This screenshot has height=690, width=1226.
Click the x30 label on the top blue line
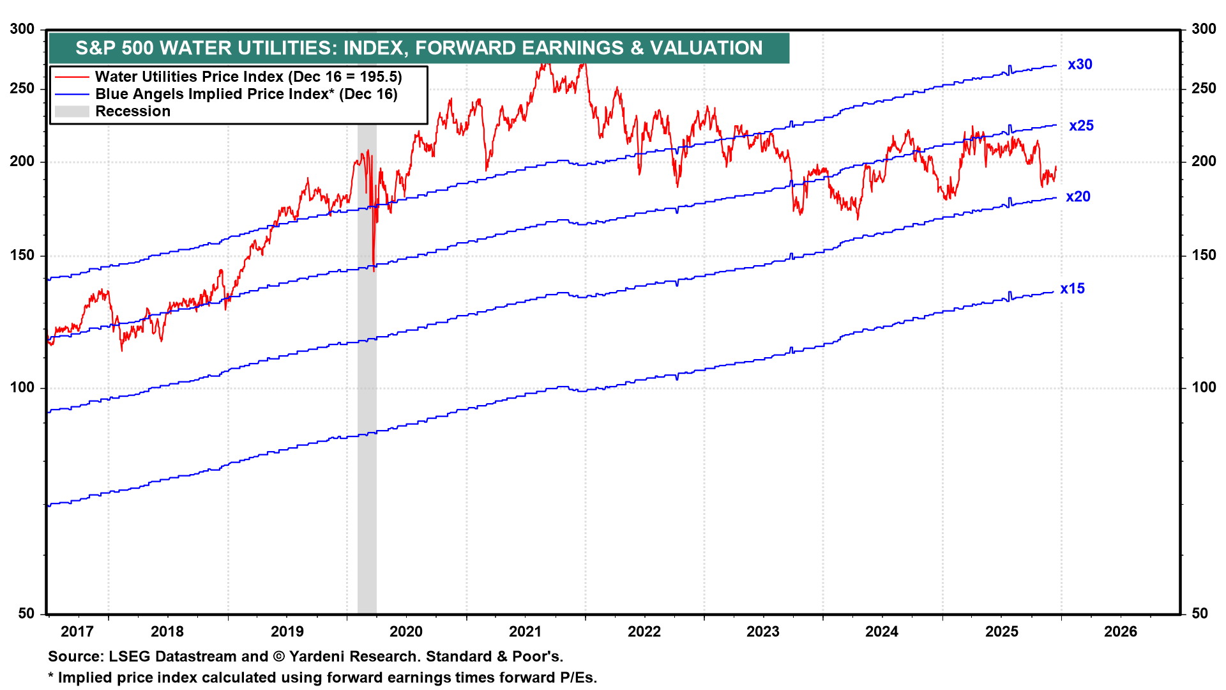point(1080,65)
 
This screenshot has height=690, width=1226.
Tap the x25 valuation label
point(1081,126)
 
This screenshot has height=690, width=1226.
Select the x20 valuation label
point(1078,197)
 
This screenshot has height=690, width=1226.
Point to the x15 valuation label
point(1072,289)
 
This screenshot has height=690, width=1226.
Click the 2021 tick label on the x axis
point(525,632)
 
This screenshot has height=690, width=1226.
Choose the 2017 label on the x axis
point(77,632)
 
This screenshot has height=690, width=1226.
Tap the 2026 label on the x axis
point(1121,632)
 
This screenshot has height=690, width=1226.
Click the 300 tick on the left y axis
point(22,29)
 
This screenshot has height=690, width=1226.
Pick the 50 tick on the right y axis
point(1200,614)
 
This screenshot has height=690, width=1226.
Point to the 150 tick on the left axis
point(22,256)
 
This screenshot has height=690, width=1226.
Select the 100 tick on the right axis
point(1204,388)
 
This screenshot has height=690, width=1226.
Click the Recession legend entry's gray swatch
point(72,112)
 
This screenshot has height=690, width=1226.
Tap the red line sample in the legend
point(72,77)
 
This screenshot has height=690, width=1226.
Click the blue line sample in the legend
point(72,95)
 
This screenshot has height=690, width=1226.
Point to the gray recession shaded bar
point(367,383)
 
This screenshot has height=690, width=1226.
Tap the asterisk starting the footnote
point(51,677)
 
